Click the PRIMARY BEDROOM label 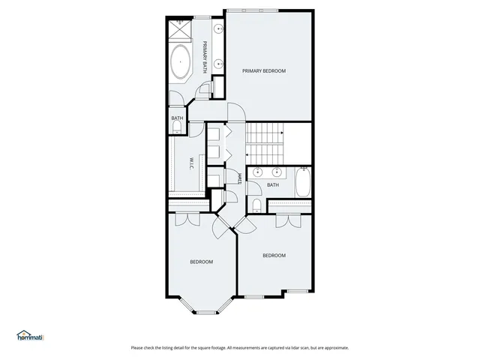[x=264, y=70]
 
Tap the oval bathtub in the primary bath [x=181, y=62]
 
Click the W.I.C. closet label [x=191, y=163]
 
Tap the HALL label [x=238, y=178]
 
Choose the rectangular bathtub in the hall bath [x=302, y=182]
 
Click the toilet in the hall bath [x=256, y=205]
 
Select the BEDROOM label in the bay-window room [x=201, y=262]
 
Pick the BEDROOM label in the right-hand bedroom [x=274, y=256]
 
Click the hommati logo [x=30, y=337]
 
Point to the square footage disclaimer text [x=240, y=347]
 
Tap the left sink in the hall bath [x=259, y=172]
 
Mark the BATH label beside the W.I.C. [x=177, y=118]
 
